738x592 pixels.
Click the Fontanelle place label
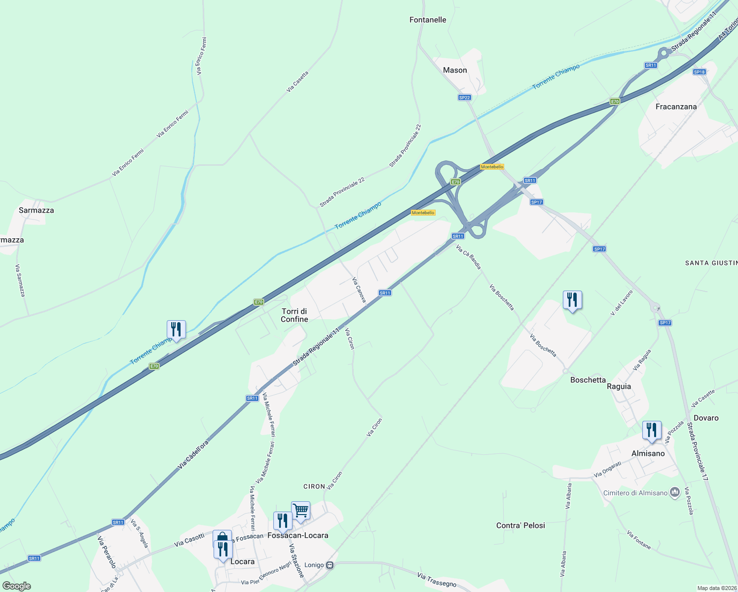coord(428,20)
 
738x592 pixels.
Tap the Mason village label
coord(455,70)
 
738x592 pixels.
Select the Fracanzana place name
coord(676,107)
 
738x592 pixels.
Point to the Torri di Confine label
coord(295,315)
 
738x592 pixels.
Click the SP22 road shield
coord(464,98)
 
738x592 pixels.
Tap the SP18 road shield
coord(699,72)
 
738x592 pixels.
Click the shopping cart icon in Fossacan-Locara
coord(300,511)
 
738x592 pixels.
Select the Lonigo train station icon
coord(330,565)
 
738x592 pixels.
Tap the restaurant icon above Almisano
coord(652,430)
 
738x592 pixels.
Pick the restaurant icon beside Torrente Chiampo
coord(176,329)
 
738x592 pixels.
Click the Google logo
coord(16,586)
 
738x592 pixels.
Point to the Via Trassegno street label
coord(437,580)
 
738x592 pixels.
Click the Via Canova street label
coord(359,290)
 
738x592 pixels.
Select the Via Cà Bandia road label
coord(468,257)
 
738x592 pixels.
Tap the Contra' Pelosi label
coord(520,525)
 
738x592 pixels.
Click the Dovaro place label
coord(706,418)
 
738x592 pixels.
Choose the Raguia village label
coord(619,386)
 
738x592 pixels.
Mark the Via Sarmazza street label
coord(20,281)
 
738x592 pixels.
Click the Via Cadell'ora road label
coord(193,454)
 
